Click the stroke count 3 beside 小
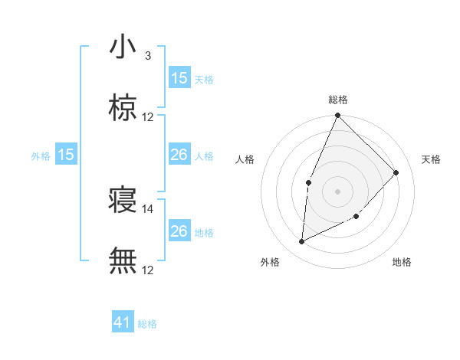[x=148, y=56]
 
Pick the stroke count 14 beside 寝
[x=148, y=208]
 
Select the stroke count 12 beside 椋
[x=148, y=117]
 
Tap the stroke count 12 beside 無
[x=148, y=270]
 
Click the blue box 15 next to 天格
[x=179, y=78]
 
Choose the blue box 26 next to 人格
[x=179, y=155]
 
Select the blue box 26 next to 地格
[x=179, y=231]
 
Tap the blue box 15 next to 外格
[x=66, y=155]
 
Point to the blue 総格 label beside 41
[x=148, y=324]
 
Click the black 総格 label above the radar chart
[x=337, y=100]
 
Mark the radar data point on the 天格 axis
[x=396, y=172]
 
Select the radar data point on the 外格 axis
[x=301, y=242]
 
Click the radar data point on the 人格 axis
[x=308, y=182]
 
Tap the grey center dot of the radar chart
[x=337, y=191]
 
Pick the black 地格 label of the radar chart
[x=402, y=262]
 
